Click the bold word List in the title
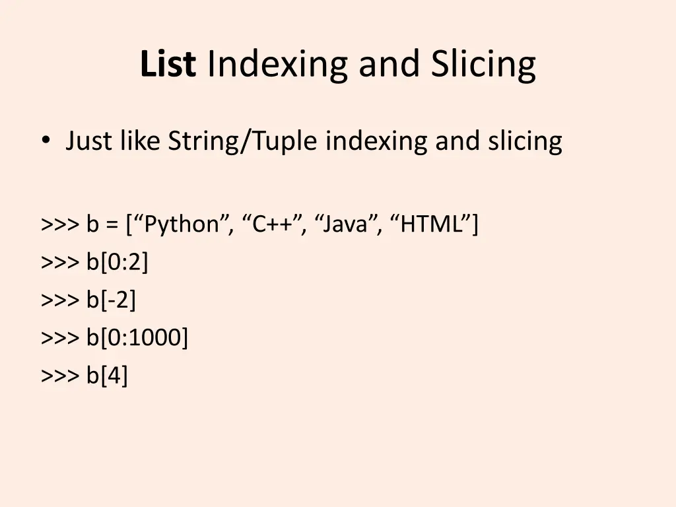[168, 65]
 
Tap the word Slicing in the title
[483, 65]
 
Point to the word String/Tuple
[245, 142]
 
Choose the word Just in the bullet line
[89, 142]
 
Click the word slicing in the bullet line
[525, 142]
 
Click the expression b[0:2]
[118, 263]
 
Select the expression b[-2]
[111, 300]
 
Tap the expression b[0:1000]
[137, 338]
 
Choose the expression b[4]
[107, 376]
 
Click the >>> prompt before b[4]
[60, 376]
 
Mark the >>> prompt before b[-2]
[60, 300]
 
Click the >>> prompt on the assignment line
[60, 225]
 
